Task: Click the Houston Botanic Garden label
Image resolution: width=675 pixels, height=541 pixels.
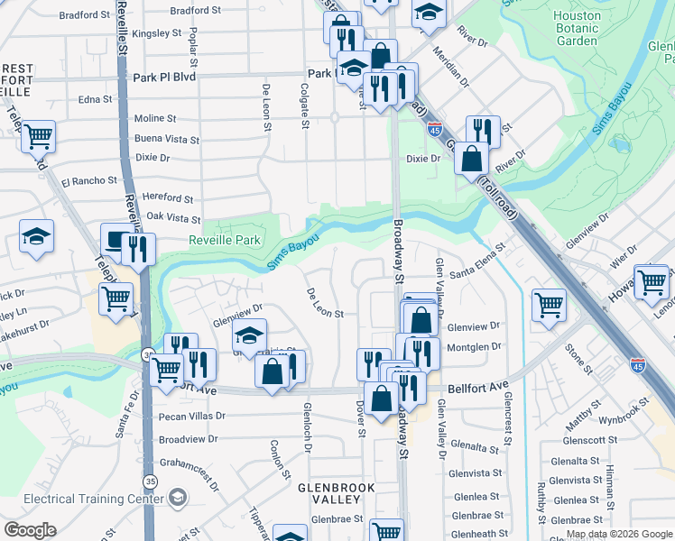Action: (x=577, y=29)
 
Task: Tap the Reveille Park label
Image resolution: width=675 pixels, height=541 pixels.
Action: (x=225, y=240)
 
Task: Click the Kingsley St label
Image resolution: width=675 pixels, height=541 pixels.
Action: (x=156, y=33)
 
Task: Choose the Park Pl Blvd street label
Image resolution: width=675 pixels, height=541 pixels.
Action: (x=163, y=78)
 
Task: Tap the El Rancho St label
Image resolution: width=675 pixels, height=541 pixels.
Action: (x=88, y=180)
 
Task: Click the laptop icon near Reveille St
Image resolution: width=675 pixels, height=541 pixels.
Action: (x=116, y=240)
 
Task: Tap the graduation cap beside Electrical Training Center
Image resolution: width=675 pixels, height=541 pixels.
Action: (x=178, y=498)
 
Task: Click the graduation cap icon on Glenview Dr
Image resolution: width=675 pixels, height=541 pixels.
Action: (x=250, y=335)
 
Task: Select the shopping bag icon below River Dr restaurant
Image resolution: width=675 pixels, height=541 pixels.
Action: (x=471, y=159)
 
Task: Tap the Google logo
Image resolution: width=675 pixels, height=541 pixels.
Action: (x=31, y=530)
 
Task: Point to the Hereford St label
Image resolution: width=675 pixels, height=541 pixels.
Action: (x=169, y=198)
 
